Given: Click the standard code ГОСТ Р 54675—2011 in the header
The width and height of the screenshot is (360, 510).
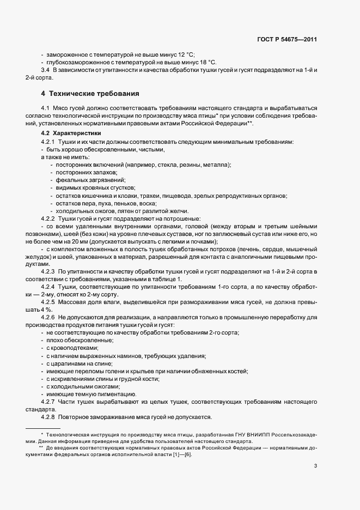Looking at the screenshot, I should coord(287,39).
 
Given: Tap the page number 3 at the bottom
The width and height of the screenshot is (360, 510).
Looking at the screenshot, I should coord(316,465).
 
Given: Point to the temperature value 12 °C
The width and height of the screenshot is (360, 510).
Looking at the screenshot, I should coord(185,54).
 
